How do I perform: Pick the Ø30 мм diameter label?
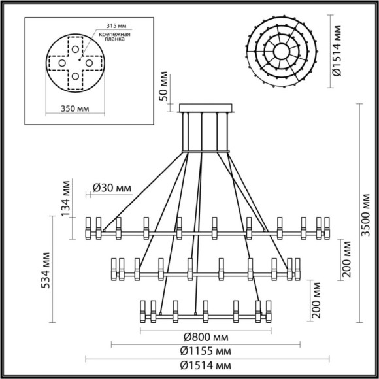click(111, 188)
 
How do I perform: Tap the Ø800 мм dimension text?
click(205, 337)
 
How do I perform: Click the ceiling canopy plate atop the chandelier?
click(205, 109)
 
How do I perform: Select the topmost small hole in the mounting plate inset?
click(76, 48)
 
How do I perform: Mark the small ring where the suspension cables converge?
click(205, 150)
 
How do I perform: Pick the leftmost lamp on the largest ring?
click(90, 225)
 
